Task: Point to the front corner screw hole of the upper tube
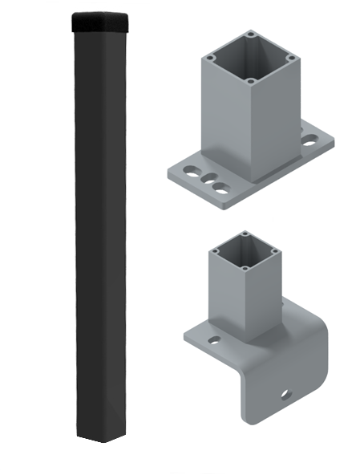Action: (x=252, y=81)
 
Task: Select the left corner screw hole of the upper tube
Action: (x=208, y=57)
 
